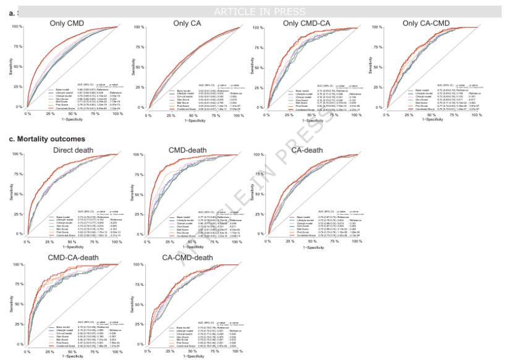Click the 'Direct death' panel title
click(68, 150)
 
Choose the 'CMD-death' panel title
click(190, 150)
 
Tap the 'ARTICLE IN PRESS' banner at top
click(259, 12)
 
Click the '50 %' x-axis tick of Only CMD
click(72, 114)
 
